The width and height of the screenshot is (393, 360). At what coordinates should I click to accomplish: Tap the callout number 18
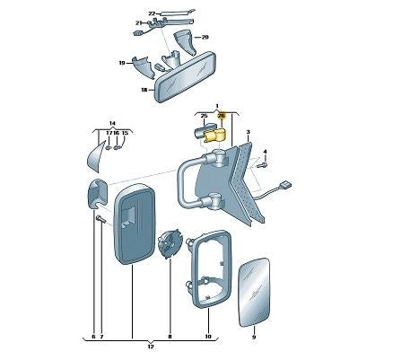(144, 90)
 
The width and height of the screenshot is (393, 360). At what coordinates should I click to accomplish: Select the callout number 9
(254, 338)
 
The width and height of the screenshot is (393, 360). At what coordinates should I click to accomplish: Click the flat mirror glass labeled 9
(255, 292)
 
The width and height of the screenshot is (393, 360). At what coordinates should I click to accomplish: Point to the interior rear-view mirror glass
(185, 77)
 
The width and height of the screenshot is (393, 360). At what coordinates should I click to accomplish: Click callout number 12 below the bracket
(151, 347)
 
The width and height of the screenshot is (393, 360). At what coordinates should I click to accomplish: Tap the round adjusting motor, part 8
(170, 243)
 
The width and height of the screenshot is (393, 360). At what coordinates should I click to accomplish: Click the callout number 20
(205, 38)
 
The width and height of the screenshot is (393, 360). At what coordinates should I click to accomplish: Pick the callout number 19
(122, 63)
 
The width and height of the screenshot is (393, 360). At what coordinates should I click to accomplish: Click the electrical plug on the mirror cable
(284, 185)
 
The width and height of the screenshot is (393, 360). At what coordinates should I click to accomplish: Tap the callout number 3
(248, 132)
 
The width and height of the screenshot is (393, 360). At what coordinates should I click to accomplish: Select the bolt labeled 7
(101, 219)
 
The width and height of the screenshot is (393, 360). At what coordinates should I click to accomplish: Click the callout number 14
(112, 123)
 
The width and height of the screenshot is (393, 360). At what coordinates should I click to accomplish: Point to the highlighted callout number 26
(222, 116)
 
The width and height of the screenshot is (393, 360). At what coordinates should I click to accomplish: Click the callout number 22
(153, 13)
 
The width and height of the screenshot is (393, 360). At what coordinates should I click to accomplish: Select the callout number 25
(205, 116)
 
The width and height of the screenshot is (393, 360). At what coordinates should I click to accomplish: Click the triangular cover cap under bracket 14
(96, 157)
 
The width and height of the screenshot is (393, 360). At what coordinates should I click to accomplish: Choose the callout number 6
(93, 337)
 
